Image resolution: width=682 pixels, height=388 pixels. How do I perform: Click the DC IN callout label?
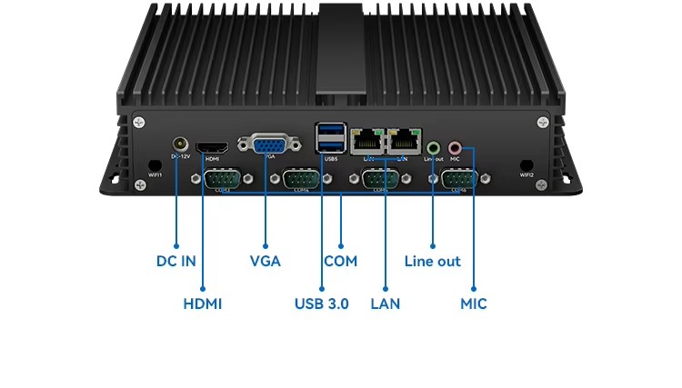[176, 261]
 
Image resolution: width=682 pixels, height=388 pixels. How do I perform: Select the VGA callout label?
[265, 261]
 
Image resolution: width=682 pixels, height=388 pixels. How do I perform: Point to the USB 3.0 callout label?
[321, 303]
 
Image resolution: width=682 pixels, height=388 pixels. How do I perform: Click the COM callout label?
[340, 261]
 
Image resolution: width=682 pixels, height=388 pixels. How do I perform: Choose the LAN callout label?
[385, 303]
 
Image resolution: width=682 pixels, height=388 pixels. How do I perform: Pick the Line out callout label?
[432, 261]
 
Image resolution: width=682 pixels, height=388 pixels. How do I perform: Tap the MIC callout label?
[474, 303]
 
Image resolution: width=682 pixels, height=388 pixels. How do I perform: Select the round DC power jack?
[181, 144]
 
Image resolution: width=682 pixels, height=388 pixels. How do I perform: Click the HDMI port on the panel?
[214, 147]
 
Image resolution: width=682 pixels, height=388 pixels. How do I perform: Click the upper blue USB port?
[330, 132]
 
